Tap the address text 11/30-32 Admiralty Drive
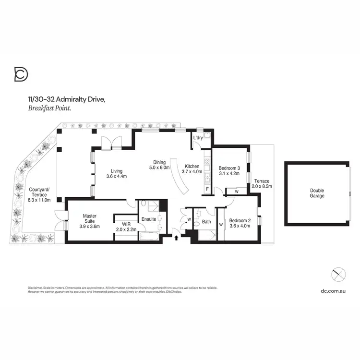pos(64,99)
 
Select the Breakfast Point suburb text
pos(49,108)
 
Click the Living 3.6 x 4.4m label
pos(116,174)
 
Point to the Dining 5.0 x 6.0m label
pos(159,165)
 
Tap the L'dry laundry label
pos(198,138)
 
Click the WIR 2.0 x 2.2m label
pos(126,226)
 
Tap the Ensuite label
pos(148,220)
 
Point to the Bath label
pos(206,222)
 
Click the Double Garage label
pos(317,193)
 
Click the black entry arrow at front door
pos(177,237)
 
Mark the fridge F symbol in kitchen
pos(207,189)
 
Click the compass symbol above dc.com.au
pos(339,275)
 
